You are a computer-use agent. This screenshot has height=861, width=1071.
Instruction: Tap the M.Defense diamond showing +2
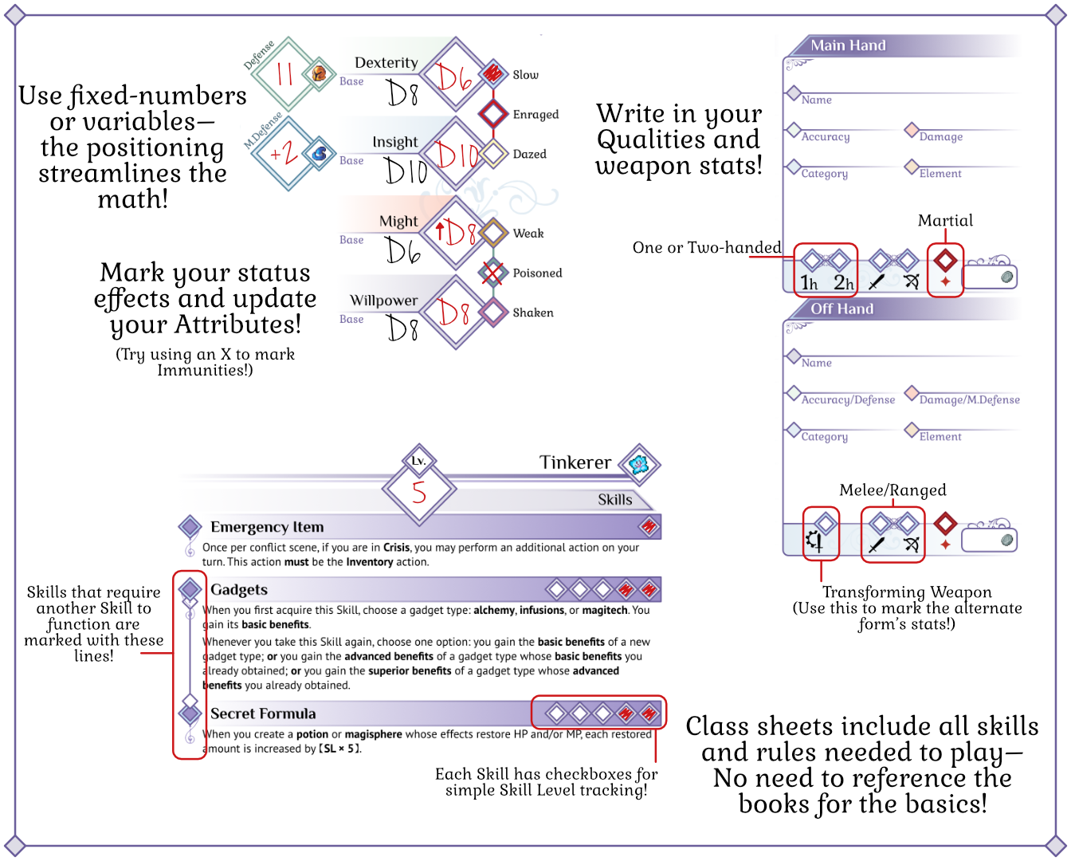tap(285, 153)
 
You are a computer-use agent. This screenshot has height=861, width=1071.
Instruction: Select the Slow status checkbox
tap(493, 74)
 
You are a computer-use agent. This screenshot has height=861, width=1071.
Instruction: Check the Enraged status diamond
tap(493, 114)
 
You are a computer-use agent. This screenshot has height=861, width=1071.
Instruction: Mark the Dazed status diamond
tap(493, 154)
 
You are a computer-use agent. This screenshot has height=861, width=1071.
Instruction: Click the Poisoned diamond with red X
tap(493, 273)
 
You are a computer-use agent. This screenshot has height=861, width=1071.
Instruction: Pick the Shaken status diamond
tap(493, 313)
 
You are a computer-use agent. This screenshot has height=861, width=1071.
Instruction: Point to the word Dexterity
tap(386, 62)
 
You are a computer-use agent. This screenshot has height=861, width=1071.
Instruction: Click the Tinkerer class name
tap(575, 462)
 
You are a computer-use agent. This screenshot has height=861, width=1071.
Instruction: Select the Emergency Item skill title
tap(267, 527)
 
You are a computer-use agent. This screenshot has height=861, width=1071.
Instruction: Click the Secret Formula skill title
tap(263, 714)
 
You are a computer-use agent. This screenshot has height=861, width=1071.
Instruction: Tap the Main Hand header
tap(848, 45)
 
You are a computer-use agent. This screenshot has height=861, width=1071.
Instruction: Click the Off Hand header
tap(841, 309)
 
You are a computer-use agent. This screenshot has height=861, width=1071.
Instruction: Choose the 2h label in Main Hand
tap(843, 282)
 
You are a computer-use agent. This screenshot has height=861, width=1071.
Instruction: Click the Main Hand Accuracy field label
tap(826, 136)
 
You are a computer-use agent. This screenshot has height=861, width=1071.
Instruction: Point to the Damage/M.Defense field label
tap(969, 399)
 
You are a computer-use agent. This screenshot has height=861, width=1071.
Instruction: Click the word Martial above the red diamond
tap(945, 221)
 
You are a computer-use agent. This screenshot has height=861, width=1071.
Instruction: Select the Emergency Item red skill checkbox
tap(649, 526)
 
